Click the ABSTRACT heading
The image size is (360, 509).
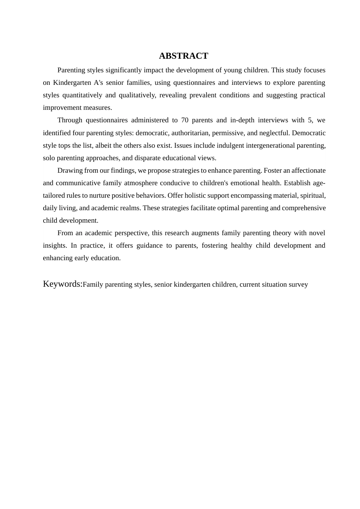coord(183,56)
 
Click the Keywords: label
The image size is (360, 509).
coord(63,284)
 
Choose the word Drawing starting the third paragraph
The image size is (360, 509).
coord(70,170)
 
